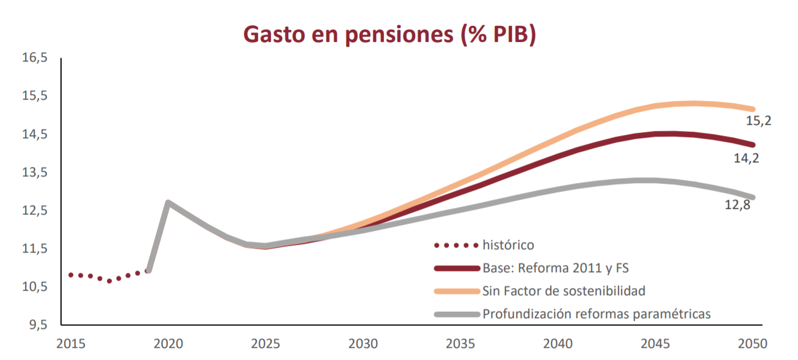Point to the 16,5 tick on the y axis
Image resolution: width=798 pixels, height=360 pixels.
tap(35, 58)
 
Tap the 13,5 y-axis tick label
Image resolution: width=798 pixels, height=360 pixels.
tap(35, 172)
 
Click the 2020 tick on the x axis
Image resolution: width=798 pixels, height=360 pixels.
tap(168, 343)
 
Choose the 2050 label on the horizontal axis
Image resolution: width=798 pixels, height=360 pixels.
tap(753, 343)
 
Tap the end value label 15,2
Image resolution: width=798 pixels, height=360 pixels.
tap(758, 120)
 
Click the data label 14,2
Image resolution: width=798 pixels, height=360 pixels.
tap(747, 158)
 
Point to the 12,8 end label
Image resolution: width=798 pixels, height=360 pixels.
tap(737, 204)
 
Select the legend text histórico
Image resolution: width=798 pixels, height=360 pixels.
tap(508, 245)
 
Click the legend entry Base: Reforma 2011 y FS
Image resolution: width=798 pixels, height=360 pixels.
tap(555, 268)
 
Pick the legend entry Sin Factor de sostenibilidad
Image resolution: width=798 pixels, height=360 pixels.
tap(564, 291)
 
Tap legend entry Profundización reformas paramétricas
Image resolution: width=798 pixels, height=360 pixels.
tap(597, 314)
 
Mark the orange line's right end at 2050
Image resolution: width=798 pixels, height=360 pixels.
tap(753, 109)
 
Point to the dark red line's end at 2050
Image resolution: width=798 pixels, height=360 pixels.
tap(753, 144)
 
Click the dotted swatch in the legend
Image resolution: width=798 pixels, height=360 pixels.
tap(456, 245)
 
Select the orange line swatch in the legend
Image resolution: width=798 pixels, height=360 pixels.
tap(456, 291)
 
